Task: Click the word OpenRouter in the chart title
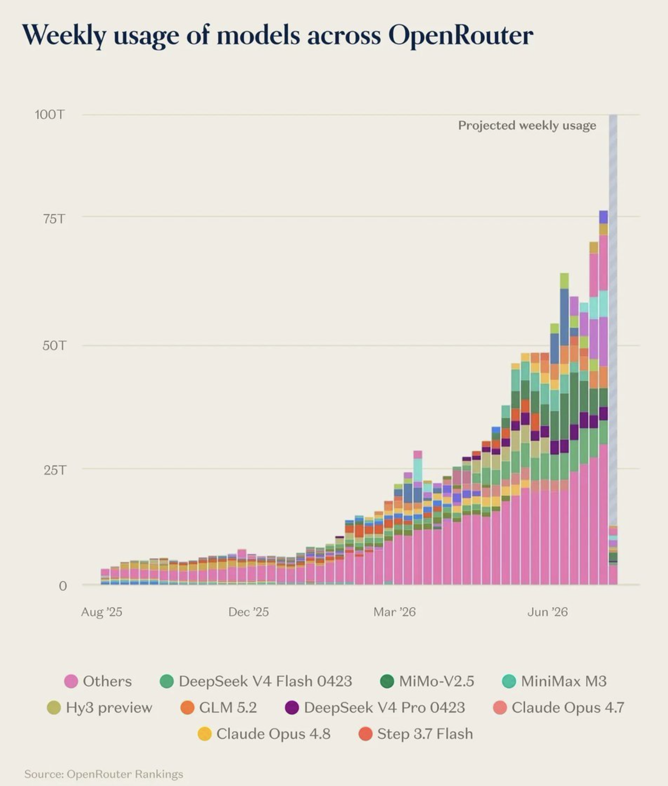(461, 35)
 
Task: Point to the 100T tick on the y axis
(50, 114)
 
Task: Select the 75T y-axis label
(54, 219)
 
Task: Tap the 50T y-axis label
(54, 345)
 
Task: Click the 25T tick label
(55, 470)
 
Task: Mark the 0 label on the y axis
(63, 586)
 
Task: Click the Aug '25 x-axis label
(101, 612)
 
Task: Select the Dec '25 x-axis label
(248, 612)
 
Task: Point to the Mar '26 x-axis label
(394, 612)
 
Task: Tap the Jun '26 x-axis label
(548, 612)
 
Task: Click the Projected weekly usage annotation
(527, 126)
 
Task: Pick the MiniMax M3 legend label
(564, 681)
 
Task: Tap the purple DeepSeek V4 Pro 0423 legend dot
(292, 708)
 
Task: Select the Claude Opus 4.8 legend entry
(264, 734)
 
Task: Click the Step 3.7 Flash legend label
(425, 734)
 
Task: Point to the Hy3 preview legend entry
(100, 708)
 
